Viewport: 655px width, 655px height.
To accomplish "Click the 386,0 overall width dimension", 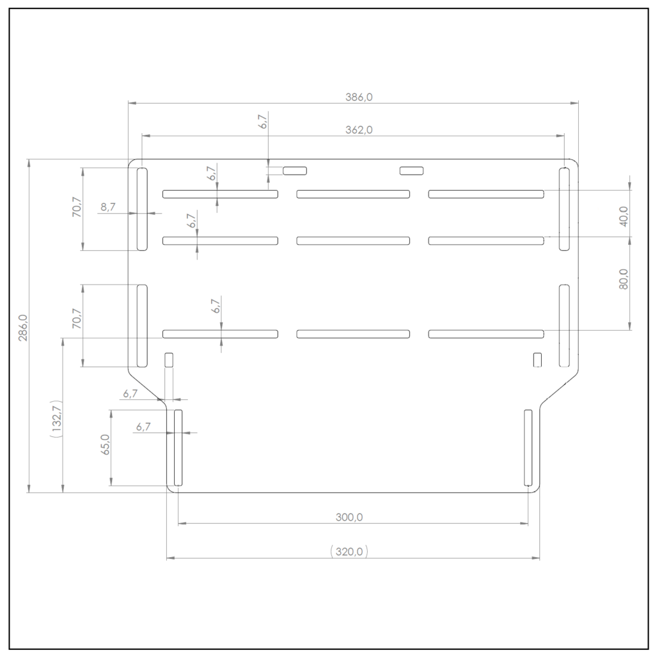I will point(358,97).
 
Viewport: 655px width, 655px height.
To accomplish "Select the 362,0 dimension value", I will point(358,130).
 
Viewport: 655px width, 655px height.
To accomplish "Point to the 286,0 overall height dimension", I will point(23,327).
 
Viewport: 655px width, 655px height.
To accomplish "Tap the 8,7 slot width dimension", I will point(108,207).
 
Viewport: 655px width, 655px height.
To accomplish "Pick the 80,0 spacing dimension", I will point(623,279).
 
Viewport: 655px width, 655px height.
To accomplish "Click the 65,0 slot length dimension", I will point(105,444).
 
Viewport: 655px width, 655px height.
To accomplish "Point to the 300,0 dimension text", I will point(349,517).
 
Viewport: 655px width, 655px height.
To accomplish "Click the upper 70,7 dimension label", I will point(76,209).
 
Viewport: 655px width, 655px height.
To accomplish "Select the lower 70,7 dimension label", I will point(76,319).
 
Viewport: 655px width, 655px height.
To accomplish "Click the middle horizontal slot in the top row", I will point(353,194).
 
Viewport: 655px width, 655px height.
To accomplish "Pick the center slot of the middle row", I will point(353,241).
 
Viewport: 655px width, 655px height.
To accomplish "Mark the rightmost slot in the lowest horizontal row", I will point(486,333).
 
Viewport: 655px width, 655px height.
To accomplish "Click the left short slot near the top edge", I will point(295,170).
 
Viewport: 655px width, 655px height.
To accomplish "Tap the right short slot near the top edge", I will point(412,170).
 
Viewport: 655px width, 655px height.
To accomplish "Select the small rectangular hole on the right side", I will point(537,359).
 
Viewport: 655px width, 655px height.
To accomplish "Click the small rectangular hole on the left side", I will point(169,359).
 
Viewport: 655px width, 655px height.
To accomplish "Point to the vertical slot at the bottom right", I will point(528,448).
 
